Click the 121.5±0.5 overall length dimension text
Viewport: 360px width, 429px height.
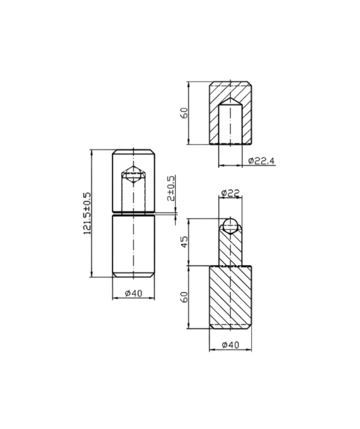pos(87,214)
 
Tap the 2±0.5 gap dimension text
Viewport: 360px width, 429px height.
pos(172,190)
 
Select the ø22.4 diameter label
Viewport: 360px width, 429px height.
pos(260,161)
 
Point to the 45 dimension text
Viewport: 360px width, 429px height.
pos(185,242)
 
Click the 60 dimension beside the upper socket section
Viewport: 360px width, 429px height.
pos(184,113)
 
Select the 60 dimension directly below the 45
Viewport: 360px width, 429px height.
pos(185,297)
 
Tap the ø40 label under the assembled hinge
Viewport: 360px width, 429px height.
pos(133,293)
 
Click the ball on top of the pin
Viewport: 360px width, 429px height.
pos(230,225)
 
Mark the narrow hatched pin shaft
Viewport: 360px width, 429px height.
pos(230,249)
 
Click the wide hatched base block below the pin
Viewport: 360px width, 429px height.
pos(230,296)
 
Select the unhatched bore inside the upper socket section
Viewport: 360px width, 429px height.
pos(230,124)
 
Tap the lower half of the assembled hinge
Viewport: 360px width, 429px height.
pos(133,246)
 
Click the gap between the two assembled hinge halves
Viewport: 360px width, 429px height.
pos(133,214)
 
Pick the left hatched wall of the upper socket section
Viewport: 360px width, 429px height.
pos(214,116)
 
